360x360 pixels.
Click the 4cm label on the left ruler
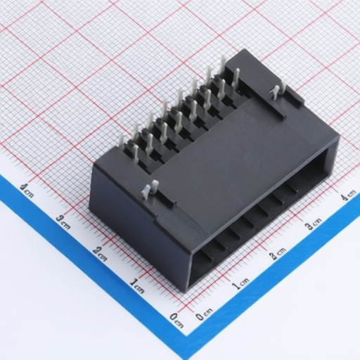click(27, 191)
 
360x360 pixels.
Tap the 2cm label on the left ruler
click(100, 254)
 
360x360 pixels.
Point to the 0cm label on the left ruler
click(176, 321)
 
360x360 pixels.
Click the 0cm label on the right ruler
click(205, 314)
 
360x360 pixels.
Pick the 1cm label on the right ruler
click(240, 283)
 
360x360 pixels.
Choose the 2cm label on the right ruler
click(278, 253)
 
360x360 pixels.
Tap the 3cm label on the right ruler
click(313, 224)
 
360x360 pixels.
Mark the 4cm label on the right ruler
click(349, 195)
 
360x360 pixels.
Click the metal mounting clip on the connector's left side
click(149, 190)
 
